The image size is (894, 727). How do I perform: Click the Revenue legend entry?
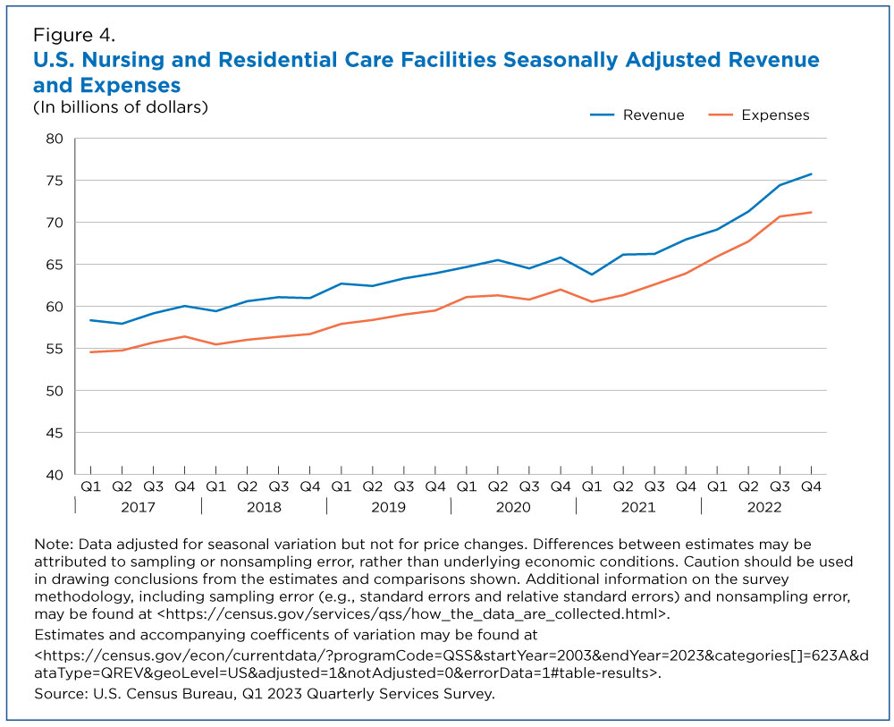637,115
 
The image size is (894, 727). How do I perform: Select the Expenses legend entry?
759,115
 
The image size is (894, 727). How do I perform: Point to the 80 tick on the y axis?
55,139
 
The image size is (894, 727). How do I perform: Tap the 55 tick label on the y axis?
55,349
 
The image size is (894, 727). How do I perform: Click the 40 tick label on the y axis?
55,475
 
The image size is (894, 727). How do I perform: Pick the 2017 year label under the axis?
138,507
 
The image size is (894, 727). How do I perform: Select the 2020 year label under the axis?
513,507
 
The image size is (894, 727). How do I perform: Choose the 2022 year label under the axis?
764,507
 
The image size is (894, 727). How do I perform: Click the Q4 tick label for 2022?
812,486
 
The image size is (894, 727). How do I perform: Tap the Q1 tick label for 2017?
90,486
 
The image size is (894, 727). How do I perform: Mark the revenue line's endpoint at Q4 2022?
812,173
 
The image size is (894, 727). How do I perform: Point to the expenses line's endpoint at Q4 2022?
812,212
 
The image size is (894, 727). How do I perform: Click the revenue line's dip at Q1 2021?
592,275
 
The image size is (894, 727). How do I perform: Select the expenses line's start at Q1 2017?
90,351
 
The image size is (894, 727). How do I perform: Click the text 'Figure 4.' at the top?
74,36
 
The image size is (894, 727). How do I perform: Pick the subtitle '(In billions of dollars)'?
121,107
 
